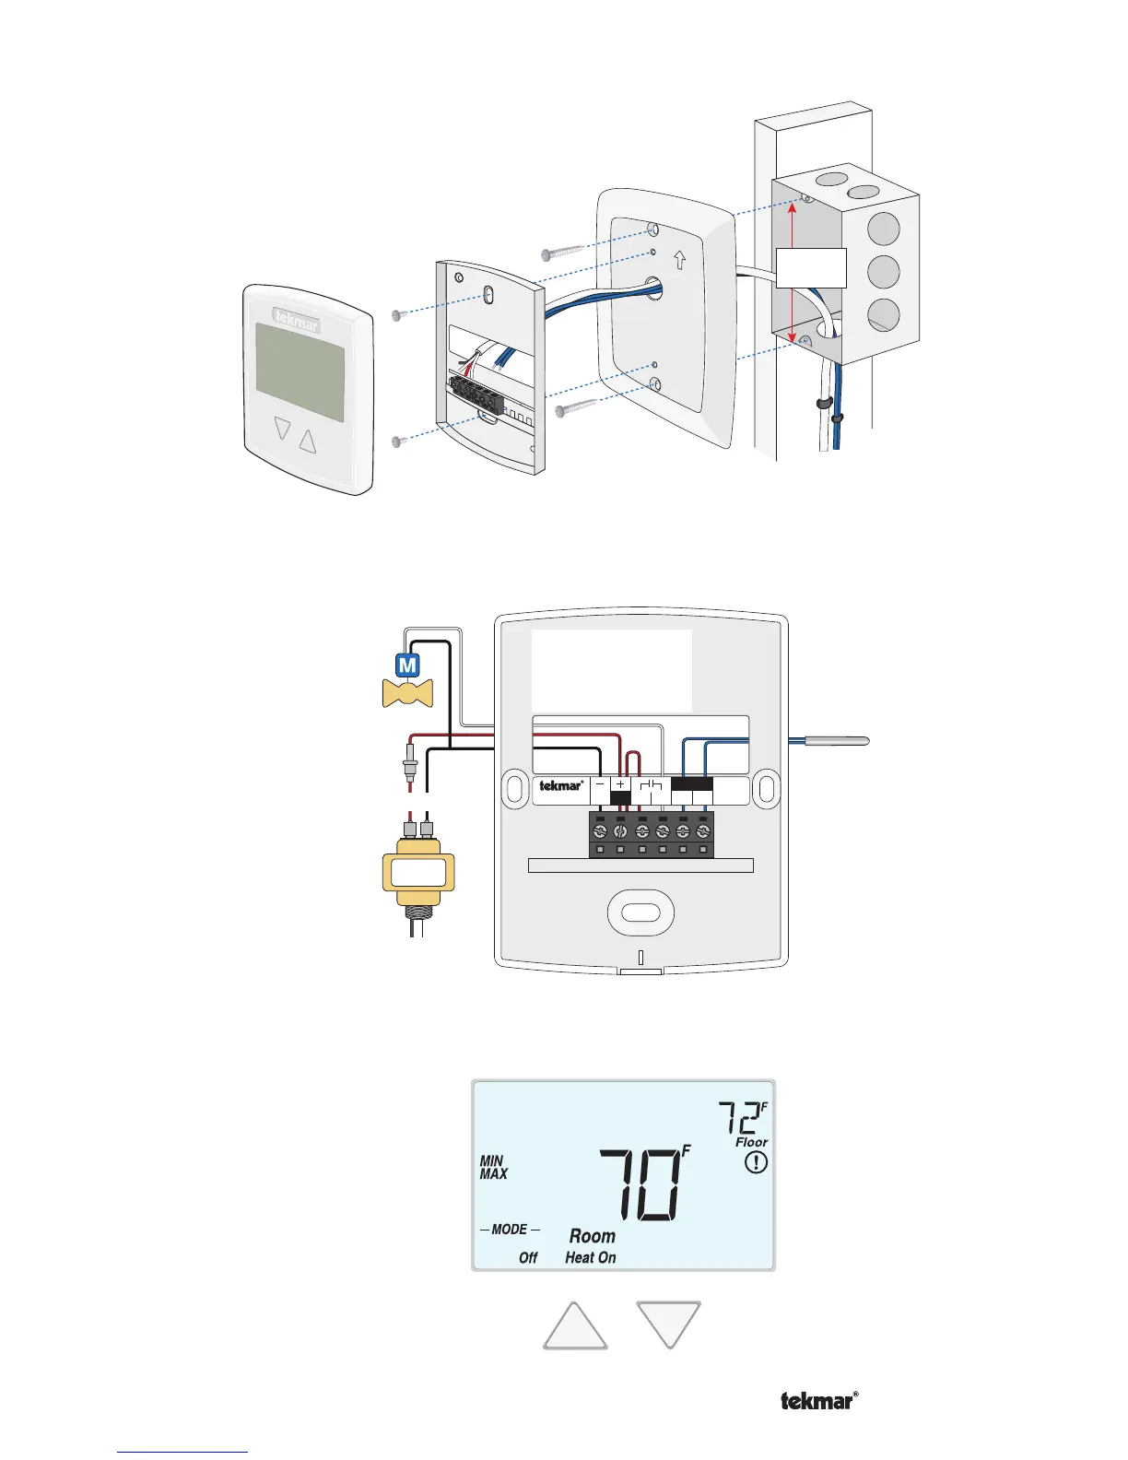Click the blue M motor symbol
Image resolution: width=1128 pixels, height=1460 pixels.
(407, 665)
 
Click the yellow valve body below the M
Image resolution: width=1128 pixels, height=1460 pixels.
(407, 693)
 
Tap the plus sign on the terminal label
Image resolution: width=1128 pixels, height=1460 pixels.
(620, 784)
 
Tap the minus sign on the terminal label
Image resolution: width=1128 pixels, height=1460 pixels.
(600, 784)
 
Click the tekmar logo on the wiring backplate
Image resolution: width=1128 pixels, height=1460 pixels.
(560, 786)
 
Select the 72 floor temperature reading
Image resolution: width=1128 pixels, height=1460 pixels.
(739, 1119)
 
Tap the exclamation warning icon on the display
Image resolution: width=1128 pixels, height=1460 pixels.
(756, 1162)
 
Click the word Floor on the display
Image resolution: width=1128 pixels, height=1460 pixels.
(751, 1142)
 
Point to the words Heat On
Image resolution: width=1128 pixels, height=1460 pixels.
(591, 1257)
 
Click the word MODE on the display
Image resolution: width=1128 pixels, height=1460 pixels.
(510, 1230)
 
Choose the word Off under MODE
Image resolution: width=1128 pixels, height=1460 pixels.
(528, 1257)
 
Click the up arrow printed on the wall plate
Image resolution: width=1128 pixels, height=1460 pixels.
(680, 261)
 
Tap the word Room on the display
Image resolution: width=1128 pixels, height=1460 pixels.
(592, 1236)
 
